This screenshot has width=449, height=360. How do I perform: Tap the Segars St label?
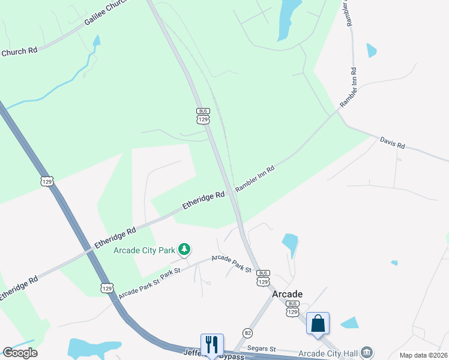262,349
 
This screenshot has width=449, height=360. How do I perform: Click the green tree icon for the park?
185,248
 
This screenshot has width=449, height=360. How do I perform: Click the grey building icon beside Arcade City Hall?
368,352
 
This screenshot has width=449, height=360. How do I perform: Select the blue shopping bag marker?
318,324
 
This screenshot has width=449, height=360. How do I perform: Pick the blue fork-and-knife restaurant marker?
212,345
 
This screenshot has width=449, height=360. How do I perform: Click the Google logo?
20,353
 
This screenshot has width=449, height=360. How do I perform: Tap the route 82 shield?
247,332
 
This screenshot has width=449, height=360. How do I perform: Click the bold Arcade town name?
287,294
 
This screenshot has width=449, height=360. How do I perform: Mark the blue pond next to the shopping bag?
349,323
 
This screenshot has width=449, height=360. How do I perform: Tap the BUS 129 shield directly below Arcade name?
292,309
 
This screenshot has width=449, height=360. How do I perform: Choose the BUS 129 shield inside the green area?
203,115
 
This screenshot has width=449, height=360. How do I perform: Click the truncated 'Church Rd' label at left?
19,52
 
